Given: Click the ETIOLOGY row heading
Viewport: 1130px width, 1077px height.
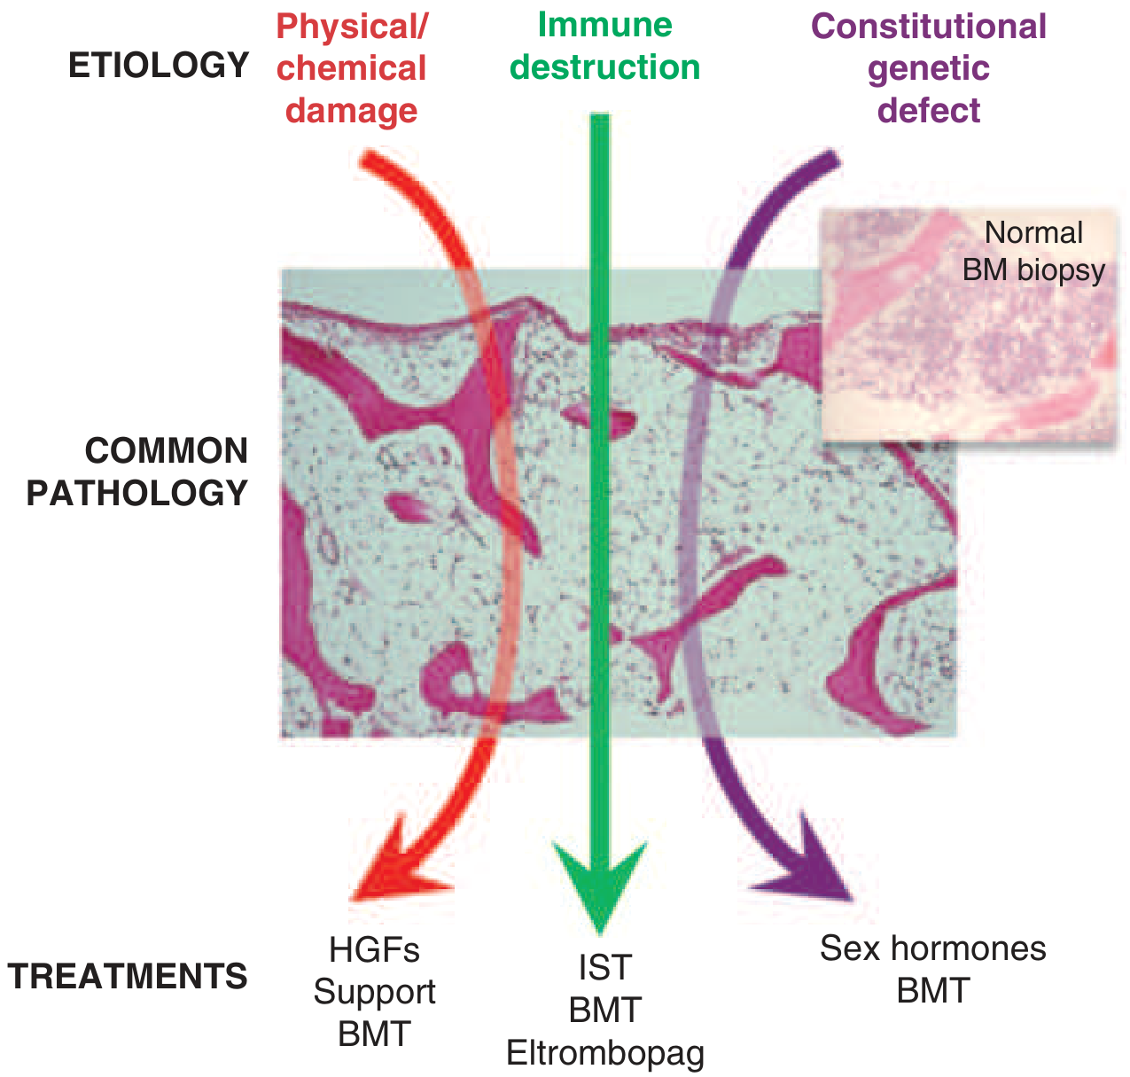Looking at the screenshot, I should point(159,66).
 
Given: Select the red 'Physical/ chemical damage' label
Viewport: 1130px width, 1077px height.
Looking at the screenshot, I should point(352,68).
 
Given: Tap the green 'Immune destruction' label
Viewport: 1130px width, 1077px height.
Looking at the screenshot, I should point(605,46).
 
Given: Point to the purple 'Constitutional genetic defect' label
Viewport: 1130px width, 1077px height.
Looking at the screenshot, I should point(929,68).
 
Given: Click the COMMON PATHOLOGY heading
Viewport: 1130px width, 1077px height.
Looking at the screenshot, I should point(138,472).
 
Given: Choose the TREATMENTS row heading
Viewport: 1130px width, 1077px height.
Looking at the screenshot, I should point(129,976).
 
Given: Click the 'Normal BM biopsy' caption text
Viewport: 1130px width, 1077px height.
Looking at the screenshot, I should point(1033,251).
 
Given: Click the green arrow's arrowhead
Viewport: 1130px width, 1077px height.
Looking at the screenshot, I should point(600,886).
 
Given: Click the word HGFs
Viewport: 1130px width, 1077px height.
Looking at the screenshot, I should point(374,950).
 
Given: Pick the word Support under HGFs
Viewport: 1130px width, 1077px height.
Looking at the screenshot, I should point(374,992).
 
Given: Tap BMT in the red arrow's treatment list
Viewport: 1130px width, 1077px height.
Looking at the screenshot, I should point(374,1034).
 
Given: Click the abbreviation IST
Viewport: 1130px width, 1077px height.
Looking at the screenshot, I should point(605,968).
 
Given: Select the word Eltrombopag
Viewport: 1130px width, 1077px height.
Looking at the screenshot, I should point(605,1053).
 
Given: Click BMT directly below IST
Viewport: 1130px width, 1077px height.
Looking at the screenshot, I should point(605,1011).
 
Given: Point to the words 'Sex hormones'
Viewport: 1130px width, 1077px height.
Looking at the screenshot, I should point(932,948).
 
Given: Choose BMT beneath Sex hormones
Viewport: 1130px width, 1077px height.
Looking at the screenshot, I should point(932,991).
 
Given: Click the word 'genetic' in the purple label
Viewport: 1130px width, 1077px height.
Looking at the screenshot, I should point(929,68).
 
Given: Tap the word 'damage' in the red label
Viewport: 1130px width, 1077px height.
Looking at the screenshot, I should point(352,111).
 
